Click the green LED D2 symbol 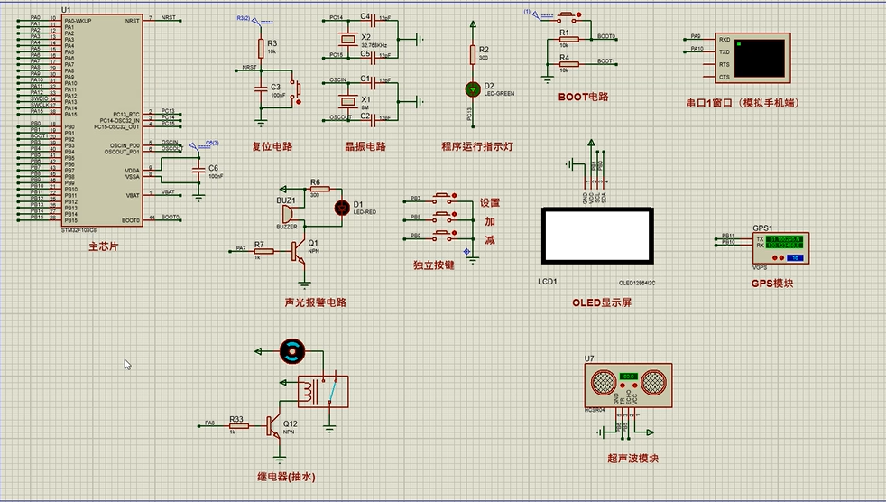tap(471, 88)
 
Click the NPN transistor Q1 tap(300, 253)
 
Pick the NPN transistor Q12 tap(274, 427)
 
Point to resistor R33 tap(237, 424)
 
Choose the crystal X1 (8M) tap(344, 100)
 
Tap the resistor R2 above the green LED tap(471, 55)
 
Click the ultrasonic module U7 tap(630, 384)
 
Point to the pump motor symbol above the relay tap(293, 351)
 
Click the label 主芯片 tap(103, 246)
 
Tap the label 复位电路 tap(272, 145)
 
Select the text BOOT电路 tap(583, 97)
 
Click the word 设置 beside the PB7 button tap(489, 203)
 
